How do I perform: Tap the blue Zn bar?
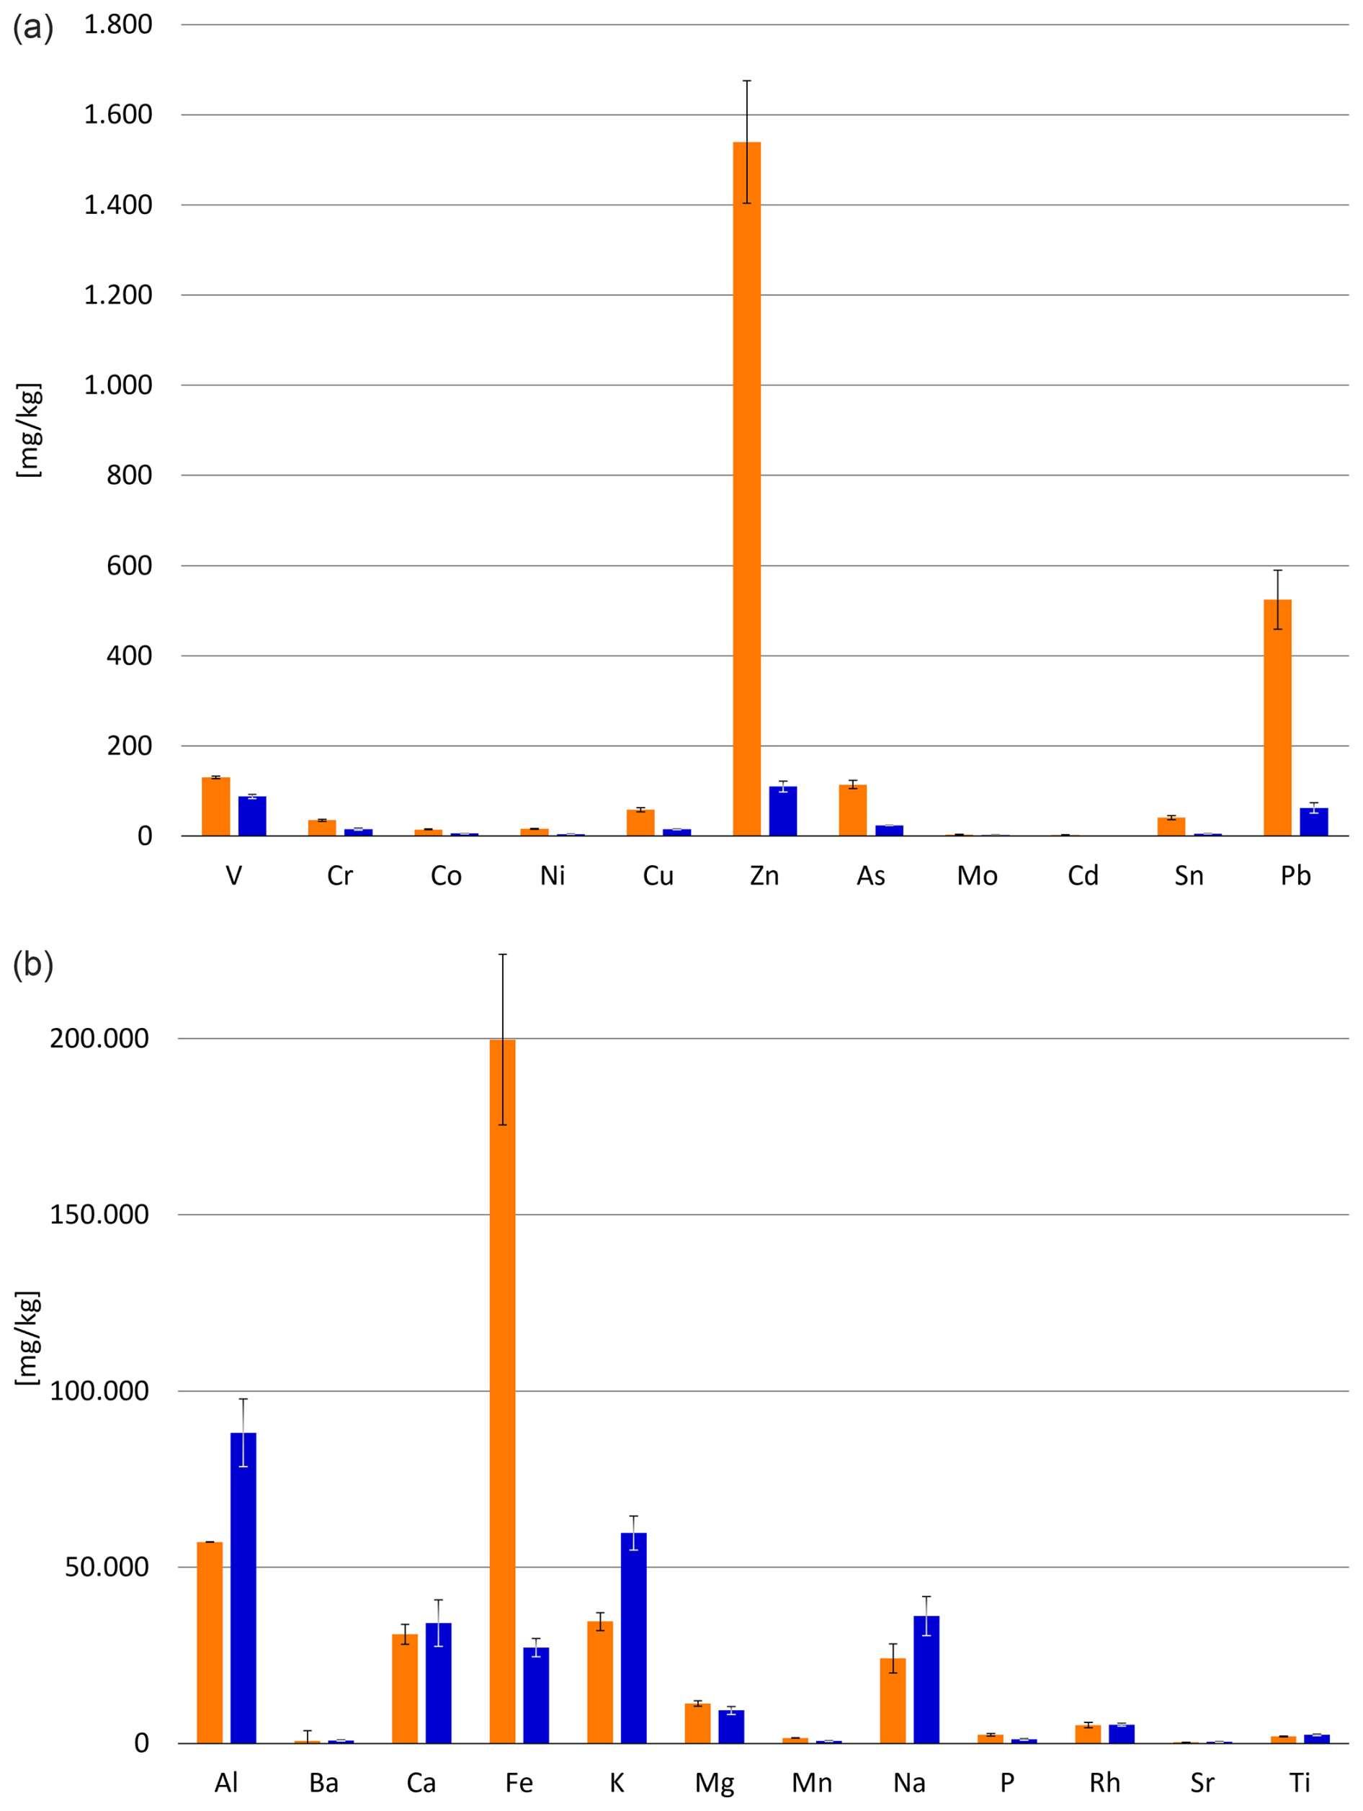click(x=782, y=810)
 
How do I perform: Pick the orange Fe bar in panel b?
click(x=503, y=1391)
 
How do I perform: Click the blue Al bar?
click(x=243, y=1588)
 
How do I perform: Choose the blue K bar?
click(x=634, y=1637)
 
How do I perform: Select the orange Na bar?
click(x=893, y=1701)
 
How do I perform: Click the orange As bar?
click(x=852, y=810)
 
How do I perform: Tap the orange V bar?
click(x=216, y=805)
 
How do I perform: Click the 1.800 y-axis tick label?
click(x=118, y=24)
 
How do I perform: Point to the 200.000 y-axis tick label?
click(x=99, y=1038)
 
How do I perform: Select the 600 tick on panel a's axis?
click(x=130, y=565)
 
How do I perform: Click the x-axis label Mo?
click(x=977, y=876)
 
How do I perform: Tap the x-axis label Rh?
click(x=1104, y=1782)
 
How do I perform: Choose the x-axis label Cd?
click(x=1082, y=876)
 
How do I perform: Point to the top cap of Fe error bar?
click(x=503, y=954)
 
